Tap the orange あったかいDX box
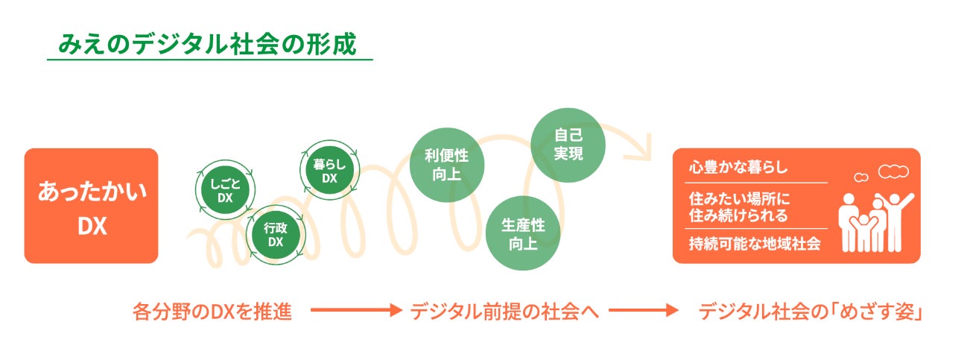pyautogui.click(x=92, y=206)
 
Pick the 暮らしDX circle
pyautogui.click(x=330, y=171)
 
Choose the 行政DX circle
pyautogui.click(x=276, y=235)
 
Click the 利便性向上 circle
pyautogui.click(x=446, y=165)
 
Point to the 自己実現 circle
pyautogui.click(x=568, y=145)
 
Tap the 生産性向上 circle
pyautogui.click(x=523, y=234)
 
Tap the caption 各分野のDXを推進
pyautogui.click(x=211, y=311)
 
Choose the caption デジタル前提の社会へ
pyautogui.click(x=505, y=311)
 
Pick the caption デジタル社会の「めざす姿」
pyautogui.click(x=811, y=311)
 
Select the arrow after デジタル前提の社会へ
pyautogui.click(x=644, y=311)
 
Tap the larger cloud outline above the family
pyautogui.click(x=894, y=172)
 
